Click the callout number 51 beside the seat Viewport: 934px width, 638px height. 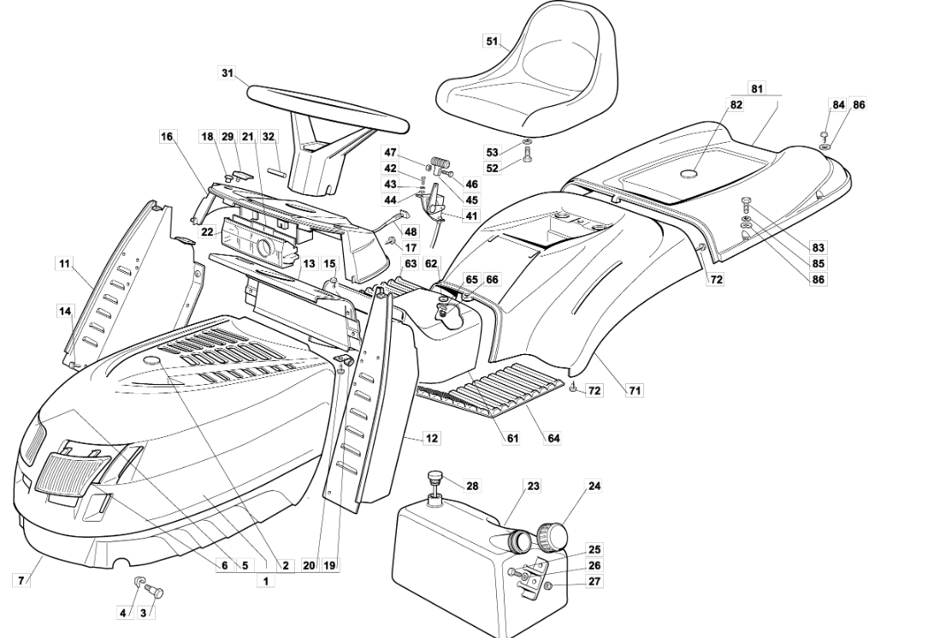[x=491, y=41]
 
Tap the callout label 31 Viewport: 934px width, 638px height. [x=227, y=74]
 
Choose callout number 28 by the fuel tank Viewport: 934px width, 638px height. [x=472, y=486]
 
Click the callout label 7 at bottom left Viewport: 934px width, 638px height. [x=21, y=580]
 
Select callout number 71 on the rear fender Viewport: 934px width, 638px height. [x=635, y=391]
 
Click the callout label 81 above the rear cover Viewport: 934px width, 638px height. [x=756, y=89]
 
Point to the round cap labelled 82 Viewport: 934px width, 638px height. [x=689, y=174]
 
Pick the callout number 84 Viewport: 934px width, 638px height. [x=838, y=105]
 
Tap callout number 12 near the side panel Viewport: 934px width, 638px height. [x=432, y=439]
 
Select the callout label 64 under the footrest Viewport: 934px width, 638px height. [x=554, y=439]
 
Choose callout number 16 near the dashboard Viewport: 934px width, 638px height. [x=166, y=137]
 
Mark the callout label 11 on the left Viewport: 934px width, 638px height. [x=65, y=263]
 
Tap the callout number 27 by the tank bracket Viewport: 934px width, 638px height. [x=594, y=582]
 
